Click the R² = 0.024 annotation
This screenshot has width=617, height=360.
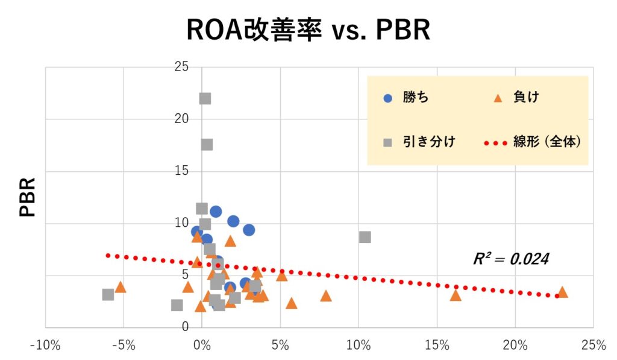pyautogui.click(x=511, y=259)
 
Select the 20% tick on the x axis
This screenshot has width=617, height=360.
pyautogui.click(x=515, y=346)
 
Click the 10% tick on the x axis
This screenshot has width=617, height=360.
pyautogui.click(x=359, y=346)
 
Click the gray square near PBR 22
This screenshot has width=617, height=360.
pyautogui.click(x=205, y=98)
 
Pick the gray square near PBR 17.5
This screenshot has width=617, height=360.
pyautogui.click(x=207, y=145)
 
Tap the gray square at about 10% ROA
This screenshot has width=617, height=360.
pyautogui.click(x=365, y=237)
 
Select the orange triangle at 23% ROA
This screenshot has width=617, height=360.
pyautogui.click(x=562, y=292)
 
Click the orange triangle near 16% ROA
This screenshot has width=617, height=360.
pyautogui.click(x=456, y=295)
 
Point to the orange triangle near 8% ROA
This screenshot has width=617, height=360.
pyautogui.click(x=326, y=295)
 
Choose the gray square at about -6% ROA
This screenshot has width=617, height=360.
pyautogui.click(x=108, y=295)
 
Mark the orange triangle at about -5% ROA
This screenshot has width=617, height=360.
pyautogui.click(x=121, y=286)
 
